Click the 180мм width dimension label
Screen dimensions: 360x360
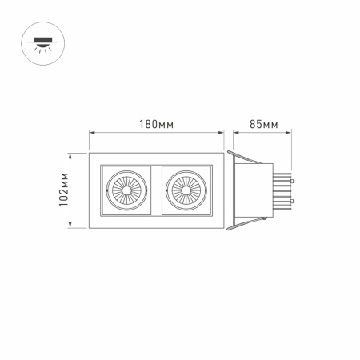coord(156,124)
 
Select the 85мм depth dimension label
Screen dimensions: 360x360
coord(263,124)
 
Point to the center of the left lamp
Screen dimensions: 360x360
coord(126,192)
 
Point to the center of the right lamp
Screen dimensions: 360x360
coord(186,192)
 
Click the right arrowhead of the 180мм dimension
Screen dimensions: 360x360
coord(221,134)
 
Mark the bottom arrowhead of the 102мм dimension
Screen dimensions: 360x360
coord(76,229)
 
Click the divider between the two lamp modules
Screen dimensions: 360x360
coord(156,192)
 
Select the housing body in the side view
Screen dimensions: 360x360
coord(254,192)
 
